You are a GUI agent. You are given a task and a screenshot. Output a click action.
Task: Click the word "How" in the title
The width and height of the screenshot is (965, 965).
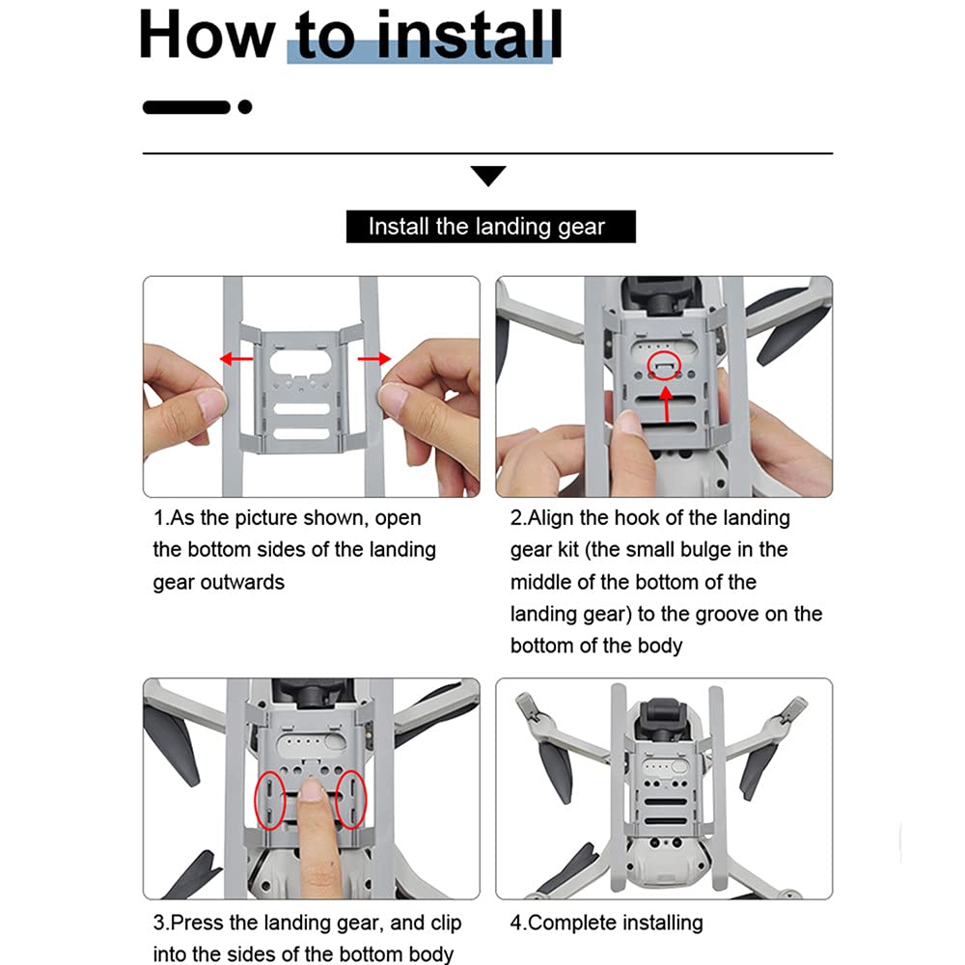207,35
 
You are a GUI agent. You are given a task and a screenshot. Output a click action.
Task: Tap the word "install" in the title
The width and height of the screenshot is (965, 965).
469,35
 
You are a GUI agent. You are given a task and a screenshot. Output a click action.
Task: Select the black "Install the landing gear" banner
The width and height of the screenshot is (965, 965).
490,227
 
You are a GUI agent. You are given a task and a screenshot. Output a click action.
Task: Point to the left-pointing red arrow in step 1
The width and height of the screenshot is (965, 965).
236,358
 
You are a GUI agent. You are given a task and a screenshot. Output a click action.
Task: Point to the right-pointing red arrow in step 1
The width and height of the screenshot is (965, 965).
374,358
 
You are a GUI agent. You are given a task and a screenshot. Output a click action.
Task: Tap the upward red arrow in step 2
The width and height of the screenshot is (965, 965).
667,403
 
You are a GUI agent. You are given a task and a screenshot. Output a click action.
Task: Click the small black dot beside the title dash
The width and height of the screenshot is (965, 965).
245,107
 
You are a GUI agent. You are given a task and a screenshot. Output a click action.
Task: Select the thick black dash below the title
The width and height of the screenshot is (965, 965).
186,107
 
